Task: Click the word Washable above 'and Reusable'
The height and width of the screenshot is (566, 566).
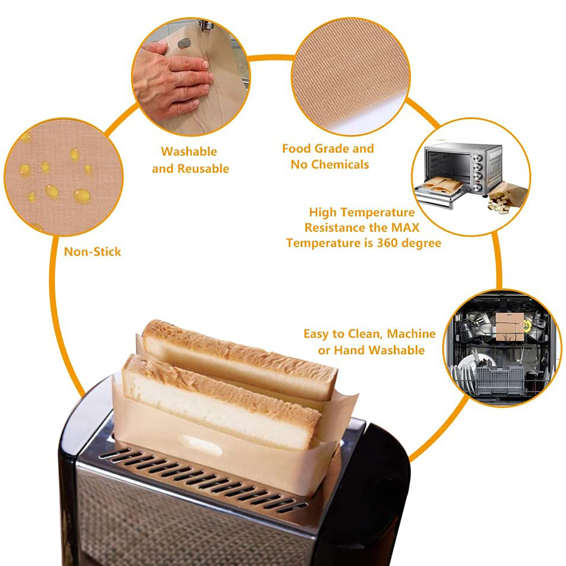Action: [189, 151]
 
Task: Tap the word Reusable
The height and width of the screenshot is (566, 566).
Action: [203, 168]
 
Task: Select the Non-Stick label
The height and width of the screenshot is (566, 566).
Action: [92, 252]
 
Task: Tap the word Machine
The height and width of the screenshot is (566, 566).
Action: [411, 334]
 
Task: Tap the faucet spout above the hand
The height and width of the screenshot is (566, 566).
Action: [205, 26]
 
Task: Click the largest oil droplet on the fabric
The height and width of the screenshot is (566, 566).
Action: [82, 196]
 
